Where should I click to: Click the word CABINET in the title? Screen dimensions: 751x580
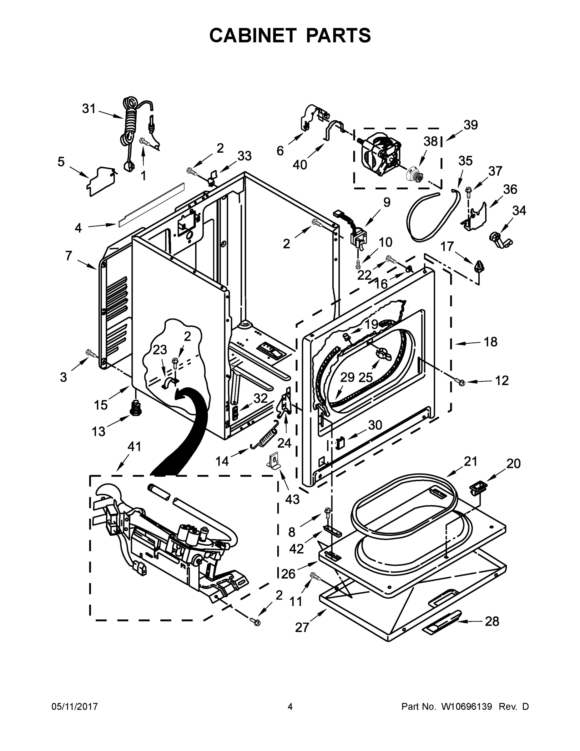click(253, 35)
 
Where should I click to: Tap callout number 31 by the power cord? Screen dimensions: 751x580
click(89, 109)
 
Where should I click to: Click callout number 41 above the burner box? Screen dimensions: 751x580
click(134, 447)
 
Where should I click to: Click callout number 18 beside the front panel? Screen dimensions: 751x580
click(490, 342)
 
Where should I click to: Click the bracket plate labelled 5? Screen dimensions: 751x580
click(100, 181)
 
